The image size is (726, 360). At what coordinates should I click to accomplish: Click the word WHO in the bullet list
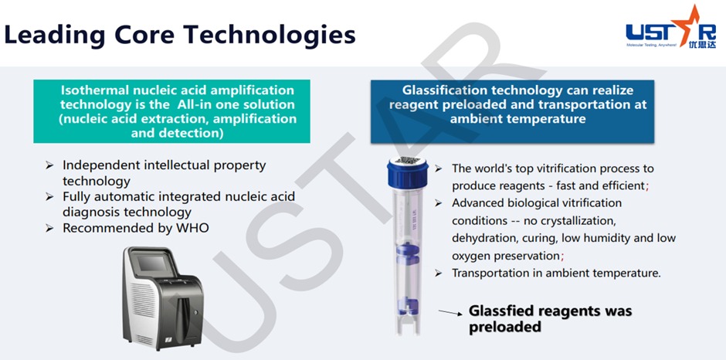[194, 228]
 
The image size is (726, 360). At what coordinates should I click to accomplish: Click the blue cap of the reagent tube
[408, 172]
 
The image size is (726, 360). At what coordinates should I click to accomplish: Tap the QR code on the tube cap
[408, 161]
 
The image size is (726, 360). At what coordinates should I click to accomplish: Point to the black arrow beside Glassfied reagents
[450, 313]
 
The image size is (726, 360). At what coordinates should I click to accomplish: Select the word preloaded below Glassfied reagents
[504, 327]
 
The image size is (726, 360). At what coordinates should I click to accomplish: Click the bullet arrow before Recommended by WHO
[49, 229]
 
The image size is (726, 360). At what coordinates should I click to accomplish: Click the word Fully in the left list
[75, 197]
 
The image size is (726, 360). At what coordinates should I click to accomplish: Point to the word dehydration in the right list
[481, 238]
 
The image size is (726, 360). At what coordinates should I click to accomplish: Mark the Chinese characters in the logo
[702, 45]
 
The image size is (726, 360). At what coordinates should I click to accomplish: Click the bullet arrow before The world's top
[438, 168]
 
